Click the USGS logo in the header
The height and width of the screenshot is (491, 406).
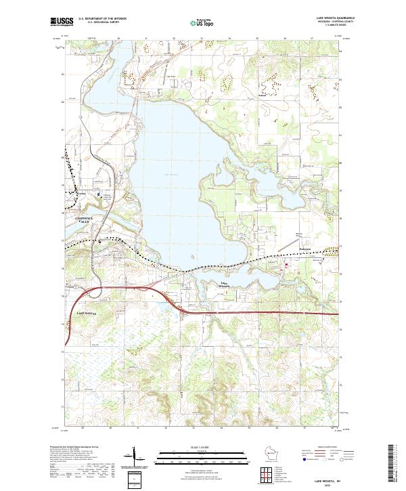coord(60,22)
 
